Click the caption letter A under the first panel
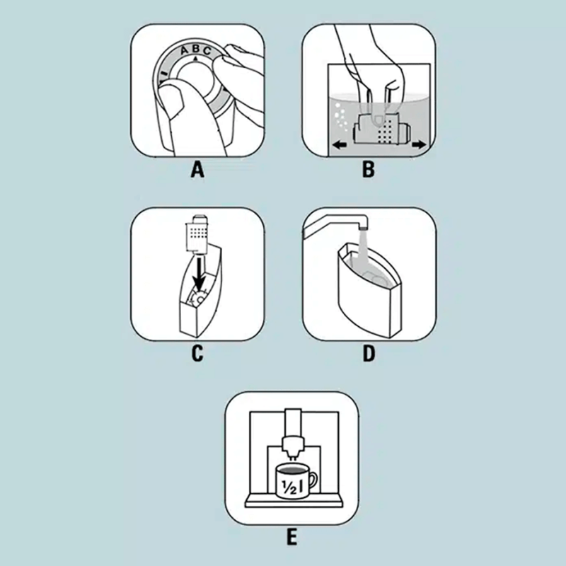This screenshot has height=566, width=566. [x=197, y=170]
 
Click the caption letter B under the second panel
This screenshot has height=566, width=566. [x=369, y=170]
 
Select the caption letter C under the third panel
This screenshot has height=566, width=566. [x=197, y=353]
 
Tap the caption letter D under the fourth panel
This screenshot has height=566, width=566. [x=369, y=353]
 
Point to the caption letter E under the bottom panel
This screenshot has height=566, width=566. [x=291, y=537]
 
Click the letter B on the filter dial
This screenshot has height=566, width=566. [x=196, y=49]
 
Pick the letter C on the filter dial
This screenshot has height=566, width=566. [x=207, y=51]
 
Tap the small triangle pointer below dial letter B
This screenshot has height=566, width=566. [x=196, y=58]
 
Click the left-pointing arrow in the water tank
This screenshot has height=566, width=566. [x=340, y=145]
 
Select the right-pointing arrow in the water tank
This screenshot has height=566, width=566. [x=419, y=144]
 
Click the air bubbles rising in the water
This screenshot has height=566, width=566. [x=340, y=116]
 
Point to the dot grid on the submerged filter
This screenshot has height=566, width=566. [x=386, y=131]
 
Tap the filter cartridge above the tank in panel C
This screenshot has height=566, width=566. [x=196, y=233]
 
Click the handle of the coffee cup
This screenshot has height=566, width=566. [x=312, y=481]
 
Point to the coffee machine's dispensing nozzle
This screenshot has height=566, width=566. [x=293, y=446]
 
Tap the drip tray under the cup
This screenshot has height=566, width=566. [x=293, y=502]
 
